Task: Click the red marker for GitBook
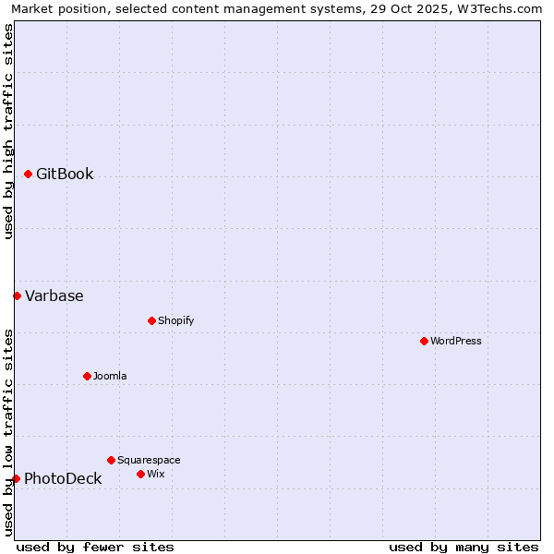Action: (28, 174)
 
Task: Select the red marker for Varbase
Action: (17, 295)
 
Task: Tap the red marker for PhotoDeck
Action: (16, 478)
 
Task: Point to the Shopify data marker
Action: (151, 320)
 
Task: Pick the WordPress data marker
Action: (424, 341)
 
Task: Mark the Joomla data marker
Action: (87, 376)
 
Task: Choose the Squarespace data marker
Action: (111, 460)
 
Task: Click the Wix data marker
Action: (140, 474)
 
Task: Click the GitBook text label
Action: (65, 174)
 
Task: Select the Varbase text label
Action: (54, 295)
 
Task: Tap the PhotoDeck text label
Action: (63, 478)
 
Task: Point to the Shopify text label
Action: (175, 320)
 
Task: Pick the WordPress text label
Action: (456, 341)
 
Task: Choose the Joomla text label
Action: (110, 376)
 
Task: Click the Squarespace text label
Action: (149, 460)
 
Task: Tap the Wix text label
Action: (155, 474)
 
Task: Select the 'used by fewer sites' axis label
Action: (95, 547)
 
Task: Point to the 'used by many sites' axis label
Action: (464, 547)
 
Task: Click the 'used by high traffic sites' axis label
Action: (8, 131)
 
